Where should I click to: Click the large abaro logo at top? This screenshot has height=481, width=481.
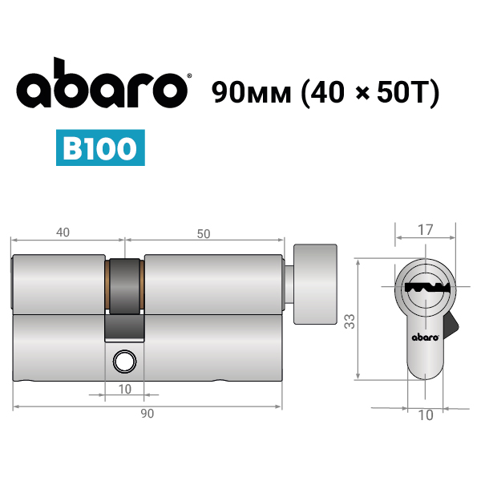(x=102, y=83)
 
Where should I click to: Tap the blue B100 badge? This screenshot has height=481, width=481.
(x=100, y=148)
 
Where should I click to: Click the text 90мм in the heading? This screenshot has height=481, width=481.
(x=251, y=92)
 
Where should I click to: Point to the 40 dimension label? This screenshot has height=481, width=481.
(x=63, y=232)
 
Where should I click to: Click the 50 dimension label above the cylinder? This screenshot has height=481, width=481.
(x=204, y=234)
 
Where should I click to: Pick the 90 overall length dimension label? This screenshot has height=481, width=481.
(x=148, y=413)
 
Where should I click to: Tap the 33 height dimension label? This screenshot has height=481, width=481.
(x=350, y=321)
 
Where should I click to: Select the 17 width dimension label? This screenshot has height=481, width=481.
(x=425, y=230)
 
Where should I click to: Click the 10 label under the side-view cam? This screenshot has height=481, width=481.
(x=124, y=389)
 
